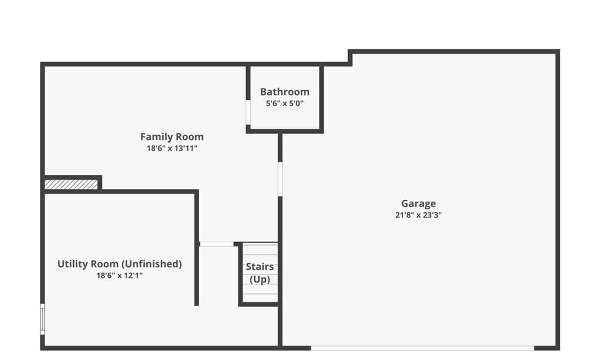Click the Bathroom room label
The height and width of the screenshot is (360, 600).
[285, 92]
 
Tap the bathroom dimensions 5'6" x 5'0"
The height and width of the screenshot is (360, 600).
[285, 103]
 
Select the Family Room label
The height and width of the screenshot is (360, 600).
[172, 137]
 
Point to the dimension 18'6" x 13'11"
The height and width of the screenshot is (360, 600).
[172, 148]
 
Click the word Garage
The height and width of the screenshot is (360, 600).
[418, 203]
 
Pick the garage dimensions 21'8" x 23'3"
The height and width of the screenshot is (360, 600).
[418, 215]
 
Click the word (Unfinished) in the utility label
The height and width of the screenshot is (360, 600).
[152, 264]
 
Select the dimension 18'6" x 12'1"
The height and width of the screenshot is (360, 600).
[120, 276]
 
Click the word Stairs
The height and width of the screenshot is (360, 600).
[260, 267]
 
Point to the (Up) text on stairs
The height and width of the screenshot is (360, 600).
[260, 280]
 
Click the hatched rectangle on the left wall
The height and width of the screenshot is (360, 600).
[71, 185]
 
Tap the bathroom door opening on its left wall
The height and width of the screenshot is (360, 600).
[248, 112]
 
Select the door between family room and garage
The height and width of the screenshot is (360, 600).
[280, 179]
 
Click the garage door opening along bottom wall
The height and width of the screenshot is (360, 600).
[422, 348]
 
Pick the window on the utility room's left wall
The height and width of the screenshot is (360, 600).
[42, 319]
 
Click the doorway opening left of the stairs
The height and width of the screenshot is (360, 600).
[217, 244]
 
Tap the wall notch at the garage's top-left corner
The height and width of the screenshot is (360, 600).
[350, 58]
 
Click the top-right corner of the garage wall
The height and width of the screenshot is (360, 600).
[558, 52]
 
